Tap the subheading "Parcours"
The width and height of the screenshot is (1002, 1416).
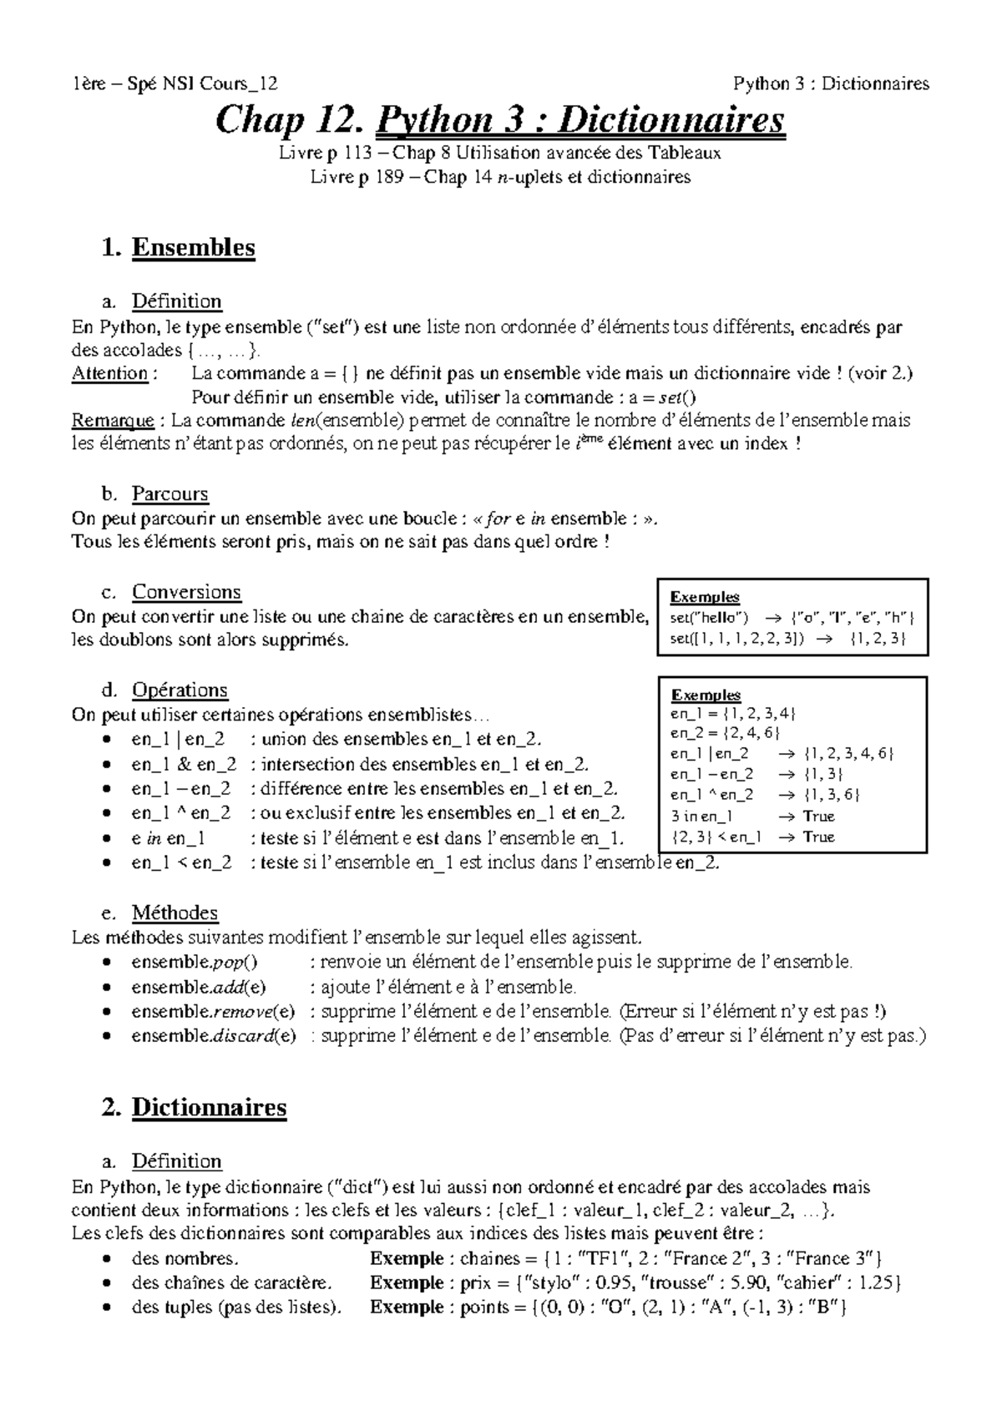(x=170, y=493)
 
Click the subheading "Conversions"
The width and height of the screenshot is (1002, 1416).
(x=186, y=592)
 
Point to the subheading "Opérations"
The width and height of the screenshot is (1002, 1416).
(x=180, y=690)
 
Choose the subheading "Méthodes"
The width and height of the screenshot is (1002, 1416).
(x=175, y=913)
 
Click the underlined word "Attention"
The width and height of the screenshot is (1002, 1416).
(x=109, y=373)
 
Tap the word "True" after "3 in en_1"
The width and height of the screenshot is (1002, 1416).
(x=818, y=816)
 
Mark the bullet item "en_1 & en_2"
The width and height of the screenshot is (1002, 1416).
(x=184, y=764)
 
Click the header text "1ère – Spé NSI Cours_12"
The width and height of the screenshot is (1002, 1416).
(x=175, y=83)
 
